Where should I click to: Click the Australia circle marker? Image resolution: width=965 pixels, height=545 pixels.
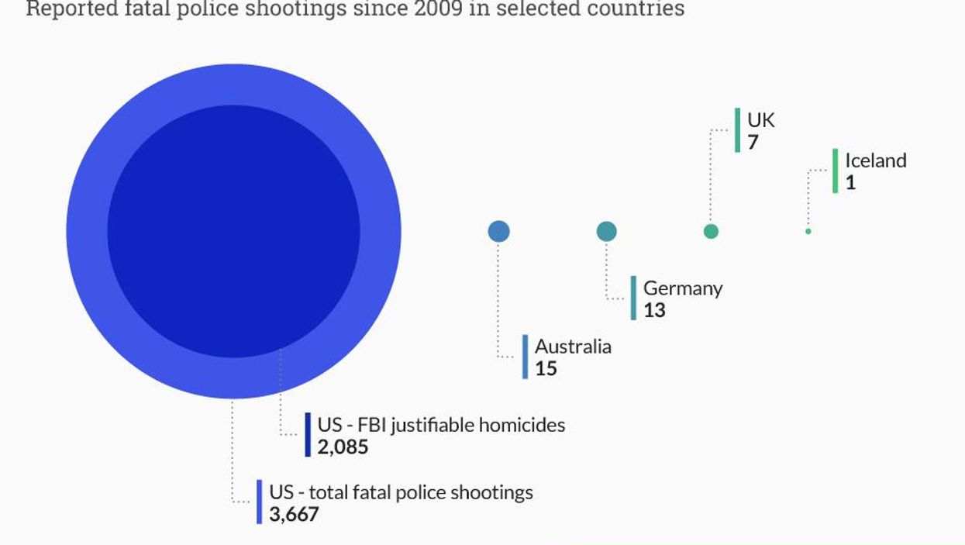[498, 231]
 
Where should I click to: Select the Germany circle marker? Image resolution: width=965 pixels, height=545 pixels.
[606, 231]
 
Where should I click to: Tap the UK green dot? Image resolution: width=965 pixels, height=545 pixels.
[710, 231]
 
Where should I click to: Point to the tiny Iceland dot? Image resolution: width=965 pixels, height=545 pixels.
[808, 231]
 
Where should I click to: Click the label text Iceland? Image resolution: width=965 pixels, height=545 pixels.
[875, 160]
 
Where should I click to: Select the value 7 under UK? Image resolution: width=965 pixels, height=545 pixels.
[753, 143]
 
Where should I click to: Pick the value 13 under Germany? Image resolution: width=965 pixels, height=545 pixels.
[654, 310]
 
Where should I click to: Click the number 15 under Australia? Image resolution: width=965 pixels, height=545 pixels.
[546, 368]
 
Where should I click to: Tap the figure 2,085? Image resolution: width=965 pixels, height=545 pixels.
[343, 447]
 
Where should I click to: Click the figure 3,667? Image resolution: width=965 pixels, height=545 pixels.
[294, 514]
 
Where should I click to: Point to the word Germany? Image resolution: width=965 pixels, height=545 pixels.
[682, 288]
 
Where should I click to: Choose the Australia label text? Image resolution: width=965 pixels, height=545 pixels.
[573, 347]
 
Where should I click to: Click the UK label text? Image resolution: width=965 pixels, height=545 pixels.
[760, 120]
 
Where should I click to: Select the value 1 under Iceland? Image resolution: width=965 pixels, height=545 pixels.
[850, 183]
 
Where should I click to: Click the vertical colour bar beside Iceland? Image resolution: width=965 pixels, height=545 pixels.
[835, 171]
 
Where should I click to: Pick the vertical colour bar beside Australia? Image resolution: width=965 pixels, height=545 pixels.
[525, 357]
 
